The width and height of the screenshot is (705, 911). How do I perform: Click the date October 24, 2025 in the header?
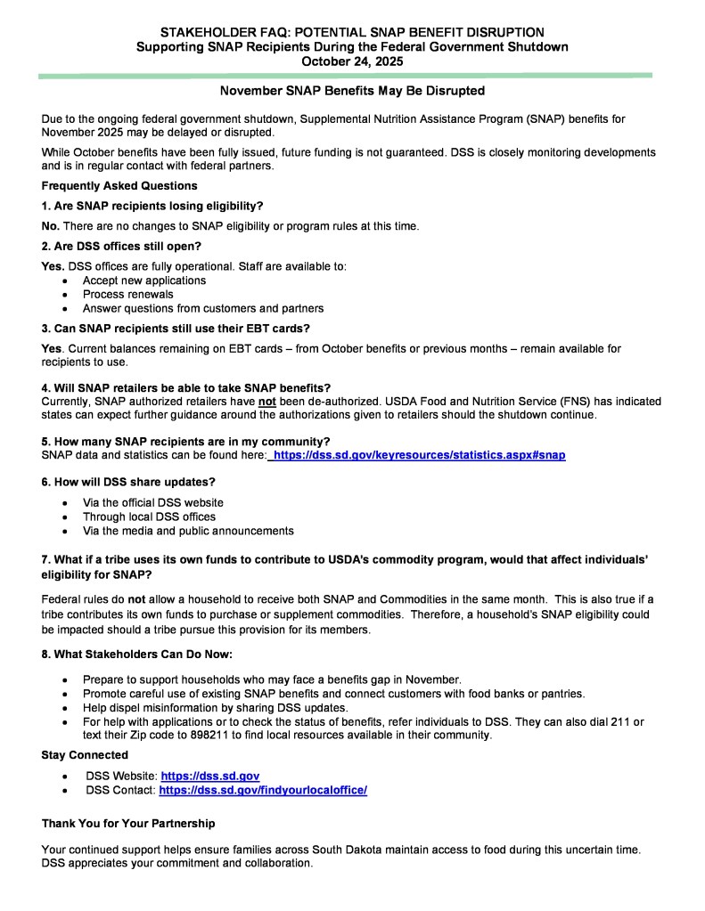click(x=352, y=61)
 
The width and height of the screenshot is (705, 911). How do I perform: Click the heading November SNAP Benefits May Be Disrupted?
click(x=352, y=91)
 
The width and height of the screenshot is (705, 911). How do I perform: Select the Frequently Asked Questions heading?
click(x=119, y=186)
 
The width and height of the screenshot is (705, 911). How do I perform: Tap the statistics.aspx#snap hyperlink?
click(x=418, y=455)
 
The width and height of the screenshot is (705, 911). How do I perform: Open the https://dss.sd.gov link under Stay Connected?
click(x=210, y=777)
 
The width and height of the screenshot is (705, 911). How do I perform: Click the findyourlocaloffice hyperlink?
click(x=263, y=790)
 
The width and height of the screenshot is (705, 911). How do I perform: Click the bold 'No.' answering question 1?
click(x=52, y=226)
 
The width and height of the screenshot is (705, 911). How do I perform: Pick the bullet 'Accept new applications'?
click(x=144, y=281)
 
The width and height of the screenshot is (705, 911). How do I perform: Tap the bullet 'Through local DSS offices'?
click(x=149, y=517)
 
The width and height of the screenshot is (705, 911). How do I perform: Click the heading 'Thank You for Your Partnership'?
click(x=128, y=823)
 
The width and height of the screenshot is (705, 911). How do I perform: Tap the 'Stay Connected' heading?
click(x=85, y=755)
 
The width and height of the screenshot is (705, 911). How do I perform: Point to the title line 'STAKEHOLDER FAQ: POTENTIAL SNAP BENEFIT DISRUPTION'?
click(x=352, y=33)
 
